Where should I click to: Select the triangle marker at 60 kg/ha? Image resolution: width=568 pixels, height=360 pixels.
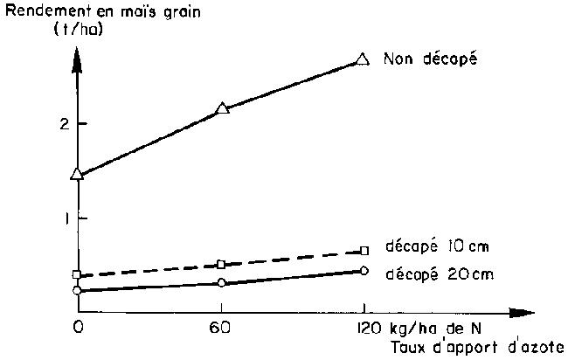(x=222, y=108)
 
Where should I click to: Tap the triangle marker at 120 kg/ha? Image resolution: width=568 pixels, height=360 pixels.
(x=363, y=59)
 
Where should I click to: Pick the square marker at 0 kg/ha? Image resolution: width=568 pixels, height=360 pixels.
(x=77, y=275)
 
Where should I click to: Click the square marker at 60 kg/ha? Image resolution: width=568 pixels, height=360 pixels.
(x=221, y=264)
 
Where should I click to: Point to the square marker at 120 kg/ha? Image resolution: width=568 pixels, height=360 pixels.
(x=364, y=251)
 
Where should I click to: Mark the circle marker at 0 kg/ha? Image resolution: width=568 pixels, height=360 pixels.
(x=77, y=290)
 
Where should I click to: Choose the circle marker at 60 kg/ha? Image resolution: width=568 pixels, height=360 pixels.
(x=221, y=282)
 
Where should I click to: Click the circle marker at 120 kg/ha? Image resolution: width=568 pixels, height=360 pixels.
(x=364, y=270)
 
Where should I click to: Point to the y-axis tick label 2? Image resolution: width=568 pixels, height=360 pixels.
(x=60, y=124)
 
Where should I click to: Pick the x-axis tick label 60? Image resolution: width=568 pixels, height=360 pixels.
(x=219, y=329)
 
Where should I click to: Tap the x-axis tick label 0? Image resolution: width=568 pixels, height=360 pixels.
(x=77, y=329)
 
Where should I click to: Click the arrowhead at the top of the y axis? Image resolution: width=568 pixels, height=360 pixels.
(x=77, y=54)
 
